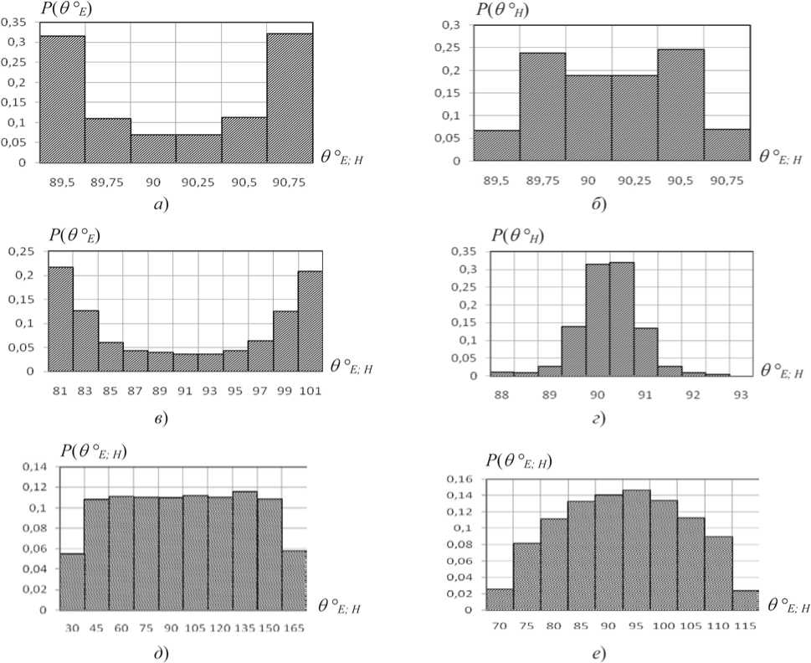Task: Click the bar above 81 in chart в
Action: click(x=60, y=319)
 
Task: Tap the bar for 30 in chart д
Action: click(x=73, y=582)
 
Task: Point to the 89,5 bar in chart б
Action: click(x=496, y=145)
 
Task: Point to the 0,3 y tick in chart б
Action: click(x=453, y=25)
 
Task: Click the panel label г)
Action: click(x=598, y=417)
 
